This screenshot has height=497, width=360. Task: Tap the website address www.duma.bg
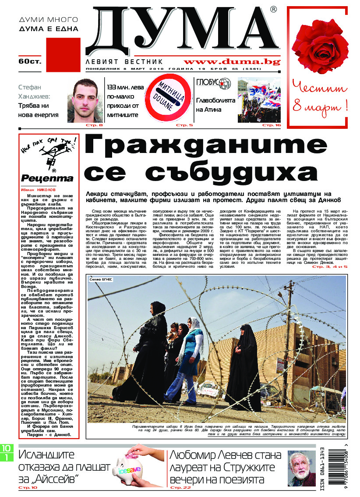232,62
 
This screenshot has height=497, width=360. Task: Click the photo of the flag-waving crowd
259,100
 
